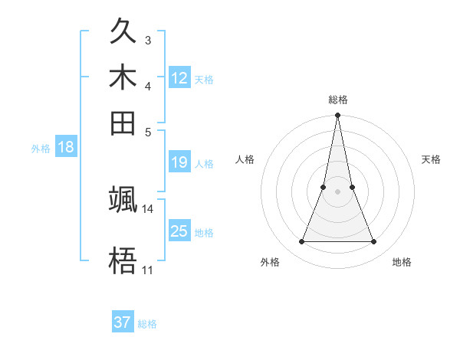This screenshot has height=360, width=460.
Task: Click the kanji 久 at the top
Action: tap(123, 34)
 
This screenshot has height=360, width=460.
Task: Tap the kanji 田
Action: tap(123, 121)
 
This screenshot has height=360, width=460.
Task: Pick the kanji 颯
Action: tap(123, 201)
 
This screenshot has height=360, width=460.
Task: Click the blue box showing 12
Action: tap(179, 78)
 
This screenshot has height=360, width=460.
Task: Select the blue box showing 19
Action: tap(179, 162)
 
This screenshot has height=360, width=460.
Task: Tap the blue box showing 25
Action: tap(179, 231)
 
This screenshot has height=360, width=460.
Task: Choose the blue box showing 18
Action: tap(66, 147)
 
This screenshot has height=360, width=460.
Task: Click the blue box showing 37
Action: tap(123, 323)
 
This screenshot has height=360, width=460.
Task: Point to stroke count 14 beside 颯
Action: tap(148, 208)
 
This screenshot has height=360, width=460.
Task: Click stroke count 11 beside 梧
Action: tap(148, 270)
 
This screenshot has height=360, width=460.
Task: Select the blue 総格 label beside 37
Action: tap(147, 324)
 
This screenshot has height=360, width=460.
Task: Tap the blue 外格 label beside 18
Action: tap(41, 149)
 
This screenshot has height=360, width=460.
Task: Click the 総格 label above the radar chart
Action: tap(337, 100)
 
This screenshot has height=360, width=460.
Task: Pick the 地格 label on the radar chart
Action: tap(402, 262)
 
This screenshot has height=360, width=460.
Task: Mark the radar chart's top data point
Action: tap(337, 116)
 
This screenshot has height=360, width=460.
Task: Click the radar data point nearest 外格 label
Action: tap(301, 242)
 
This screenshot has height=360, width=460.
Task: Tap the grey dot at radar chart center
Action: tap(337, 191)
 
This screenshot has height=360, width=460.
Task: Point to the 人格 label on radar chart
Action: tap(245, 159)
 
